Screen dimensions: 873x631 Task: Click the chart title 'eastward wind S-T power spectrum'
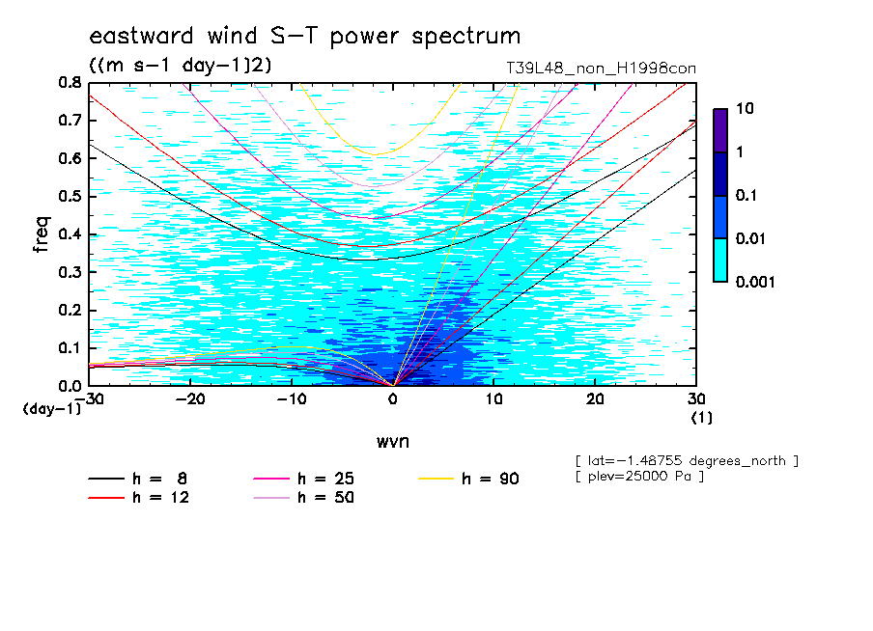click(305, 36)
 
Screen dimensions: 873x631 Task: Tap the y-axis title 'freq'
click(42, 234)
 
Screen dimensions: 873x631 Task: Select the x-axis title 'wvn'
click(393, 442)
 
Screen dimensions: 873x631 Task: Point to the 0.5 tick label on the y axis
click(70, 197)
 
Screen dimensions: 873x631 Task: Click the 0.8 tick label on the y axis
click(70, 83)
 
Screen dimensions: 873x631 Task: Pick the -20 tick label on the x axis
click(190, 399)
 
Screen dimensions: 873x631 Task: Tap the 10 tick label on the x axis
click(493, 399)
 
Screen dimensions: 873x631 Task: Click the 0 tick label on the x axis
click(393, 399)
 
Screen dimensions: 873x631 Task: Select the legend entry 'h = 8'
click(138, 479)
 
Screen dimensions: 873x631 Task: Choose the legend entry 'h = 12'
click(139, 498)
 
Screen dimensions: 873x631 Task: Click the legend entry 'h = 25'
click(304, 479)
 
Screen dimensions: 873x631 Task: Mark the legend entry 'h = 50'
click(304, 498)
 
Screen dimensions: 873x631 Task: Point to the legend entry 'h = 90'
click(468, 479)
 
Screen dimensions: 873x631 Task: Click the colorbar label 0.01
click(751, 238)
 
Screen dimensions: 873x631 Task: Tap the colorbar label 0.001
click(755, 282)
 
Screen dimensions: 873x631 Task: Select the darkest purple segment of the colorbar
click(720, 131)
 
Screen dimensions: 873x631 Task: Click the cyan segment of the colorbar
click(720, 261)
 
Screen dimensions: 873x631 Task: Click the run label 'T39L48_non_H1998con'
click(601, 69)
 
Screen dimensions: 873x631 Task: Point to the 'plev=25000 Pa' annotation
click(639, 477)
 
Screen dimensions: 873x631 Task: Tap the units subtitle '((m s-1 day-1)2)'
click(181, 66)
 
